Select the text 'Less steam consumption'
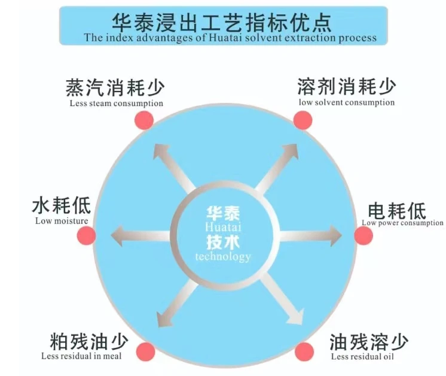point(116,103)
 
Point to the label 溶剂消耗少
point(346,87)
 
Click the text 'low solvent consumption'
point(347,102)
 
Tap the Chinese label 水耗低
point(62,207)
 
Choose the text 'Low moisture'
point(62,221)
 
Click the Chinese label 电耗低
point(396,211)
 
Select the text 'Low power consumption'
point(402,223)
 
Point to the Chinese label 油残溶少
point(369,342)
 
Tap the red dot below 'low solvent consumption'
point(303,120)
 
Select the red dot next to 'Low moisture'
point(87,235)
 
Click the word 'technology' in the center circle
point(224,257)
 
